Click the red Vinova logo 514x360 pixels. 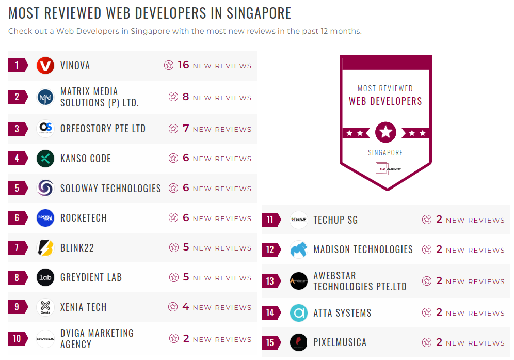click(x=45, y=66)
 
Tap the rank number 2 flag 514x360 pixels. click(x=18, y=97)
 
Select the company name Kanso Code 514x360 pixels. click(x=86, y=159)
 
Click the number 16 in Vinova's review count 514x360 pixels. click(x=184, y=65)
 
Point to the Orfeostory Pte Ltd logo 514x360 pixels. click(x=45, y=129)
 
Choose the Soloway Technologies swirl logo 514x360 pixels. click(x=45, y=189)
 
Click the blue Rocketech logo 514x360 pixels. click(x=45, y=218)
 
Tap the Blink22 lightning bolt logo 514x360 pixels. click(x=45, y=248)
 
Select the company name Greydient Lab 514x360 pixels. click(x=91, y=277)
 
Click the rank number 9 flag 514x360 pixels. click(x=18, y=307)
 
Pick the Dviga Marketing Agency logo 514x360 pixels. click(x=45, y=339)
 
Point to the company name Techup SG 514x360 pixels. click(x=335, y=220)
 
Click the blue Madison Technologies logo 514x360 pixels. click(x=299, y=250)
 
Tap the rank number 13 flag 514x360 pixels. click(x=270, y=281)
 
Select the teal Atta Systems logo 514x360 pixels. click(x=299, y=313)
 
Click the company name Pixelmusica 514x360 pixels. click(x=340, y=342)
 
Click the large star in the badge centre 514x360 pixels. click(x=385, y=133)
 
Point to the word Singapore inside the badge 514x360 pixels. click(x=385, y=153)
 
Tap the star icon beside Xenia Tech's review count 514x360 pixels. click(x=173, y=307)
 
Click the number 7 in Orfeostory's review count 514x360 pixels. click(x=186, y=129)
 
